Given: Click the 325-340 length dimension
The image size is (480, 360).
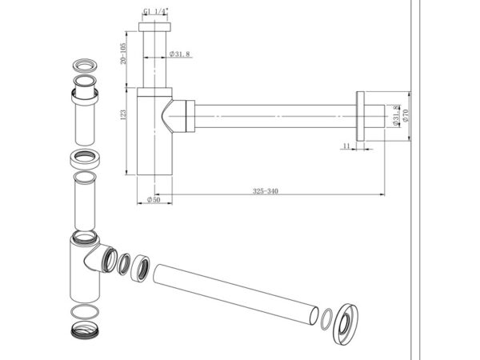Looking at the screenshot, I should [x=263, y=192].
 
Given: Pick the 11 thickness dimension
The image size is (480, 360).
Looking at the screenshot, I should [x=345, y=146].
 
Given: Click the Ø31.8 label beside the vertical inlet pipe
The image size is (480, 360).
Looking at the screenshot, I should [x=180, y=54].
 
